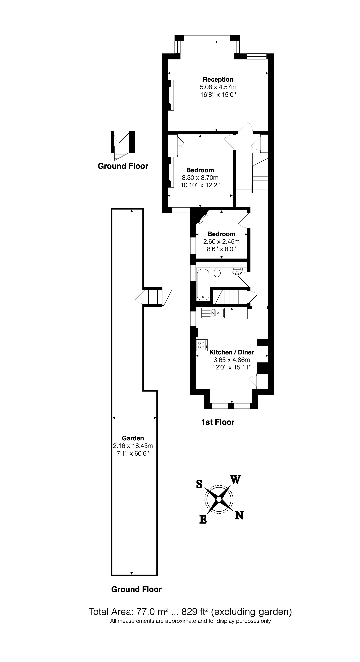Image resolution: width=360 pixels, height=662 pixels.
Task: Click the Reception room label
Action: (218, 79)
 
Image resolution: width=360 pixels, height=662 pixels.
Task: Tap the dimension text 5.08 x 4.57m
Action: (218, 87)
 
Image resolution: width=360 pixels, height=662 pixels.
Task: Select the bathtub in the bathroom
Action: (203, 284)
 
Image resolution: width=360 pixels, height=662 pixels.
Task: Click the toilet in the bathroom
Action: (217, 272)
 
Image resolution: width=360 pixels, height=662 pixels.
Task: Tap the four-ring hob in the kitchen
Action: (201, 345)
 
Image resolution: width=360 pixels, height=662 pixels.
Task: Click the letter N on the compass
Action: (239, 515)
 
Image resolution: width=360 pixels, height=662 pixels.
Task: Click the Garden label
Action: (133, 438)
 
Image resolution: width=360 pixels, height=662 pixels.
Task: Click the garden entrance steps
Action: (154, 297)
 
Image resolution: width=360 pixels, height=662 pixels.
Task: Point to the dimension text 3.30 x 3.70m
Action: (200, 178)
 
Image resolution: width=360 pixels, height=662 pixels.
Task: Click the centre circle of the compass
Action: (219, 499)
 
